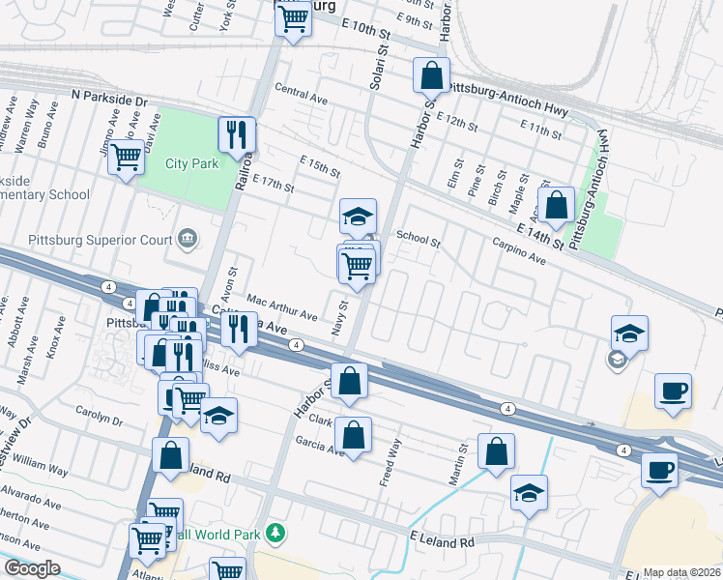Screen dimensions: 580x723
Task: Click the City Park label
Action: pos(191,163)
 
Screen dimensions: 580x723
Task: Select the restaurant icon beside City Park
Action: pos(237,134)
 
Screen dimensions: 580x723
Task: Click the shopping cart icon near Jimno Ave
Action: pos(127,157)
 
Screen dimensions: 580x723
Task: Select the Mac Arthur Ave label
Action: pos(281,308)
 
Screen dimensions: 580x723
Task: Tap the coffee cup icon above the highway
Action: pos(672,392)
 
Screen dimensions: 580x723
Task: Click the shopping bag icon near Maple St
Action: pos(557,204)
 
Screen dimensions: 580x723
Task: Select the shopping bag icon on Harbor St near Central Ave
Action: pos(431,74)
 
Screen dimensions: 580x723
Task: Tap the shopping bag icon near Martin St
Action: pos(496,450)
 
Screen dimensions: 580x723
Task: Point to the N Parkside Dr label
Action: pos(109,100)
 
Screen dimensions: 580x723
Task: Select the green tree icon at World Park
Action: pos(276,533)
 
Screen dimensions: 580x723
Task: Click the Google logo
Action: pos(32,568)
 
